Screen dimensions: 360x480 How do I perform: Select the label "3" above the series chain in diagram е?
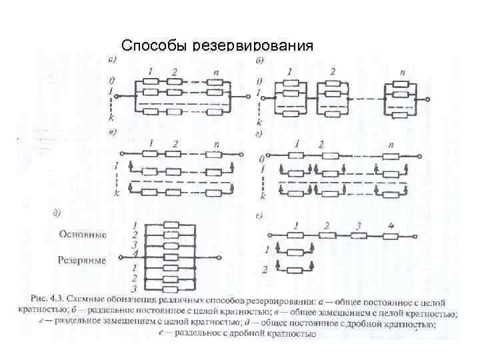[x=358, y=226]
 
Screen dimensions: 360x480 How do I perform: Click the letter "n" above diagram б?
[x=402, y=72]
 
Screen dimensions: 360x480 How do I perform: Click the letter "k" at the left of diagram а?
[x=111, y=116]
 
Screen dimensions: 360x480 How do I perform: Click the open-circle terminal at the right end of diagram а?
[x=249, y=96]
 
